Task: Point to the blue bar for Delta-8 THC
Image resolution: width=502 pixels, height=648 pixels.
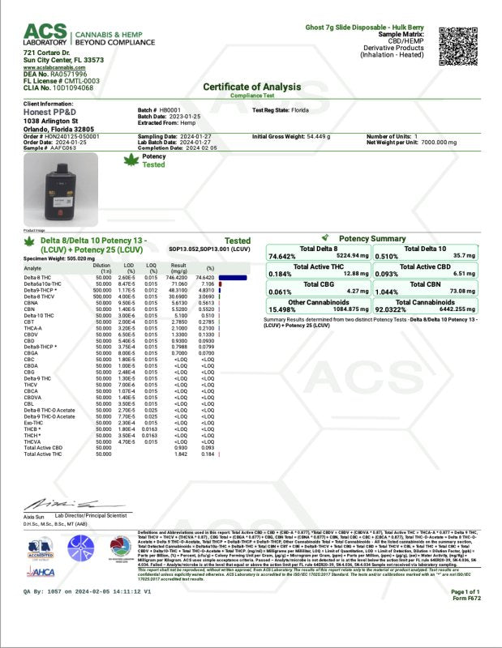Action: point(233,277)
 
